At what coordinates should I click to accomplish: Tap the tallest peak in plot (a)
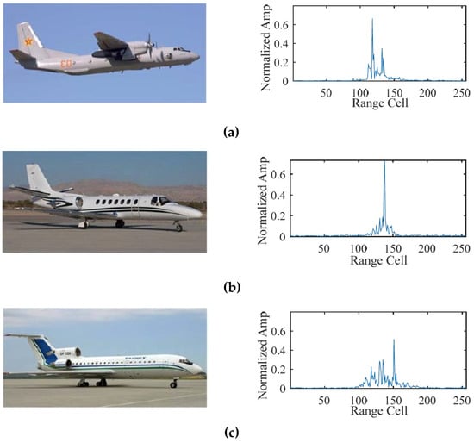click(x=372, y=20)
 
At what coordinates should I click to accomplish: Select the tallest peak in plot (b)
click(x=384, y=162)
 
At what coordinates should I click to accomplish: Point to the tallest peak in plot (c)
click(x=394, y=340)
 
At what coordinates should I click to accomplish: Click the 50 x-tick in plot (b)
click(x=325, y=247)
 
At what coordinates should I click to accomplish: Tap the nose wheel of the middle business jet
click(x=178, y=227)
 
